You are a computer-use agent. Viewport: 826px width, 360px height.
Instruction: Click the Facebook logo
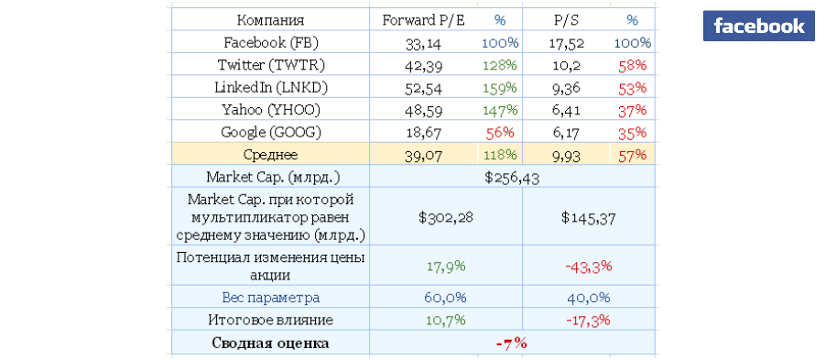click(x=758, y=26)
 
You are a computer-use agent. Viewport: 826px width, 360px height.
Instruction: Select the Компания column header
click(x=270, y=20)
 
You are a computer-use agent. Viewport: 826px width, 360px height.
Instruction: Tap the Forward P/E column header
click(x=424, y=20)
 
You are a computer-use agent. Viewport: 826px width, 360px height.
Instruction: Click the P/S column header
click(x=566, y=20)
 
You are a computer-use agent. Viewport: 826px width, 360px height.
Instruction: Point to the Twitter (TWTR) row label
click(x=271, y=65)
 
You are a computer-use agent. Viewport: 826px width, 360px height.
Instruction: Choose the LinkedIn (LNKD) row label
click(x=271, y=88)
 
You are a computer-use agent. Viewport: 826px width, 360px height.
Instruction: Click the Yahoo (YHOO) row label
click(x=271, y=110)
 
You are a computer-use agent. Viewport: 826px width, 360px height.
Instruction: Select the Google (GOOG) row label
click(x=271, y=133)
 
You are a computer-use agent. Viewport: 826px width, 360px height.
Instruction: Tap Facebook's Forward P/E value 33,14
click(x=424, y=44)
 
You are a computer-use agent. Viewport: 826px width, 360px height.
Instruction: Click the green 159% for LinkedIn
click(x=499, y=88)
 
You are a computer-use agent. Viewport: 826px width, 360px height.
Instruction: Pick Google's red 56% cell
click(x=499, y=133)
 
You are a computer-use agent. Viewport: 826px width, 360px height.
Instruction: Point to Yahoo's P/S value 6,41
click(x=566, y=110)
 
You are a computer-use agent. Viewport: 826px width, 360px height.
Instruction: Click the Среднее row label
click(x=271, y=155)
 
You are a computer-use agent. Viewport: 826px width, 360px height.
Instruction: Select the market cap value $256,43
click(x=512, y=178)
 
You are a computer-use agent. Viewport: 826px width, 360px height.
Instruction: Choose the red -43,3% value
click(x=589, y=267)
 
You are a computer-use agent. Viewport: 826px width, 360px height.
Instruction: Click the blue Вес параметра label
click(x=271, y=298)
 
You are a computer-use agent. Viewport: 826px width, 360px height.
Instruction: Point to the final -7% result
click(x=512, y=344)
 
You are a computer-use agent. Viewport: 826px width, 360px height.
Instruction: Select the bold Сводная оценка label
click(x=271, y=344)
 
